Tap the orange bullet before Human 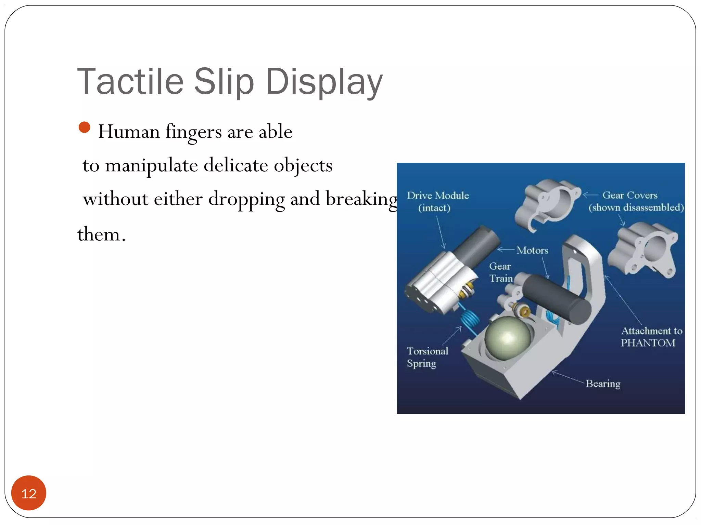pyautogui.click(x=84, y=127)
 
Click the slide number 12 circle pyautogui.click(x=29, y=493)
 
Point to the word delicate pyautogui.click(x=235, y=165)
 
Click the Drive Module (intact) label pyautogui.click(x=437, y=202)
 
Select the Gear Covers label pyautogui.click(x=630, y=195)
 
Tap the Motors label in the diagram pyautogui.click(x=532, y=250)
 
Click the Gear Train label pyautogui.click(x=500, y=272)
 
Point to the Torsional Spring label pyautogui.click(x=427, y=357)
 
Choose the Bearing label pyautogui.click(x=603, y=383)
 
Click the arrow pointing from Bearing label pyautogui.click(x=568, y=377)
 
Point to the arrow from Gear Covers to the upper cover pyautogui.click(x=590, y=195)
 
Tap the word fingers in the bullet pyautogui.click(x=194, y=132)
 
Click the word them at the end pyautogui.click(x=99, y=234)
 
